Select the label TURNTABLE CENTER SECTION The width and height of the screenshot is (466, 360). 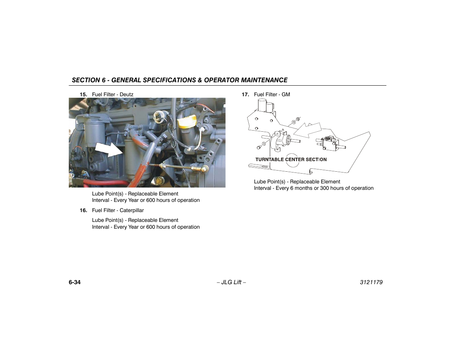[x=291, y=160]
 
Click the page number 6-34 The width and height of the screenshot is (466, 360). [x=75, y=282]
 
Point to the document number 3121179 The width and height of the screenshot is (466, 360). [x=371, y=282]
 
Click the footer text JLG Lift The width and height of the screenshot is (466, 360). [x=231, y=282]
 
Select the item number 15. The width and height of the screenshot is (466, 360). [x=83, y=95]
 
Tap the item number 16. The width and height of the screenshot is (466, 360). [x=83, y=211]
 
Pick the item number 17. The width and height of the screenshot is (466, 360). [x=245, y=95]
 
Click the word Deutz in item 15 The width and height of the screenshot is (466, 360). [x=126, y=95]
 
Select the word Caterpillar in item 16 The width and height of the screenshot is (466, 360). [x=132, y=211]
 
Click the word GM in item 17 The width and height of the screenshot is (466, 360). [x=286, y=95]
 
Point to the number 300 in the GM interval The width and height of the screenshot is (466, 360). [x=325, y=188]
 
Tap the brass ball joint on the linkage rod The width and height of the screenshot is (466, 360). [x=205, y=169]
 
